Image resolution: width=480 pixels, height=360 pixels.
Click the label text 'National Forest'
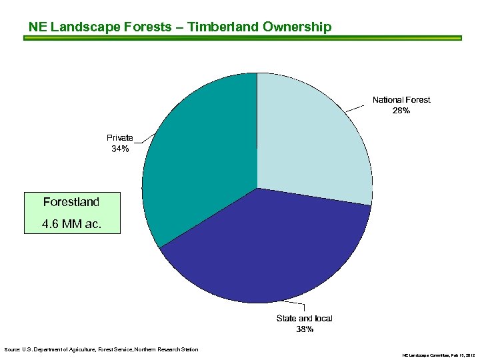(x=401, y=100)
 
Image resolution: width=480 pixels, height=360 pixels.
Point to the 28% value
(x=401, y=111)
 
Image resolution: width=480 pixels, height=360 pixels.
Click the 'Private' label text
(x=120, y=138)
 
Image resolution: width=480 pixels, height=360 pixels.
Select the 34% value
(x=120, y=149)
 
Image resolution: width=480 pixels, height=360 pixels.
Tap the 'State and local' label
(x=304, y=319)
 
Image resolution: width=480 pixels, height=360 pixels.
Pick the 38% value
(x=305, y=329)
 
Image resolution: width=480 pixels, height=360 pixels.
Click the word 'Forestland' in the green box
(x=71, y=202)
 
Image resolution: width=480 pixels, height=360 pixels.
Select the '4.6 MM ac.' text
(x=71, y=224)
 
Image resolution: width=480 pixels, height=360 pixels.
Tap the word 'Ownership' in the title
(x=297, y=27)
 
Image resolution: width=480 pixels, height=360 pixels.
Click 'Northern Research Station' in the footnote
(x=169, y=349)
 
